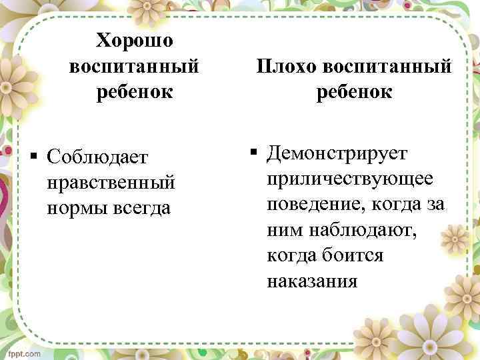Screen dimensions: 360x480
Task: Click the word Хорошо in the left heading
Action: click(134, 41)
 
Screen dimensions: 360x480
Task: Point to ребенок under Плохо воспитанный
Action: click(354, 92)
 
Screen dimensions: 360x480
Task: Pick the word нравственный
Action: click(111, 182)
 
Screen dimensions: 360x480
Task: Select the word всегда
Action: click(142, 207)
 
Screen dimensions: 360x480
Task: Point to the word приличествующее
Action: click(350, 179)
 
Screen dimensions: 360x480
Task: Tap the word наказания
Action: click(312, 281)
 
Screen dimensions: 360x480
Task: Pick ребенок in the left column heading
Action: click(134, 91)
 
